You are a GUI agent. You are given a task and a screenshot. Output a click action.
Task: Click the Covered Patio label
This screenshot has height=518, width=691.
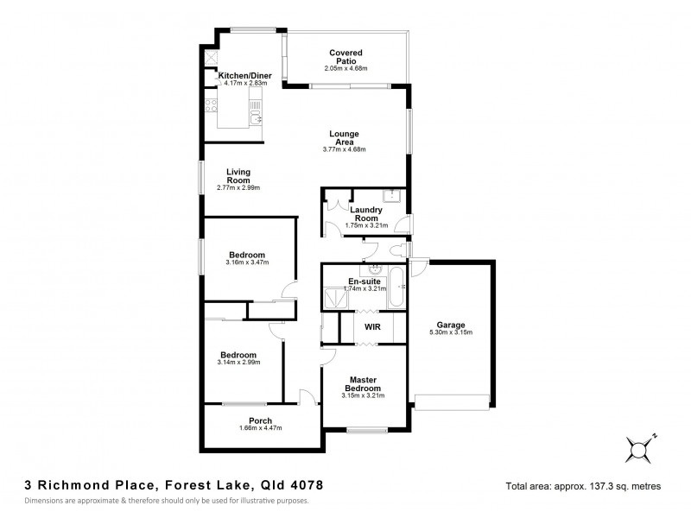tap(351, 56)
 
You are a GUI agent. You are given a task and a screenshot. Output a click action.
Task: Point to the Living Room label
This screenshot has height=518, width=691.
tap(238, 175)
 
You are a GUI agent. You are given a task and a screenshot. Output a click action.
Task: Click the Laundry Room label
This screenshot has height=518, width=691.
tap(366, 214)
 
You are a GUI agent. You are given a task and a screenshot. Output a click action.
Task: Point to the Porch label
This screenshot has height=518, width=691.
tap(260, 420)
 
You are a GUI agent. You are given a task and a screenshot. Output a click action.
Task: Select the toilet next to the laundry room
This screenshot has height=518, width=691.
tap(398, 250)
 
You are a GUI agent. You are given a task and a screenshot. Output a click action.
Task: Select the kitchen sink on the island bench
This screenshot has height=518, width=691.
tap(254, 110)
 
